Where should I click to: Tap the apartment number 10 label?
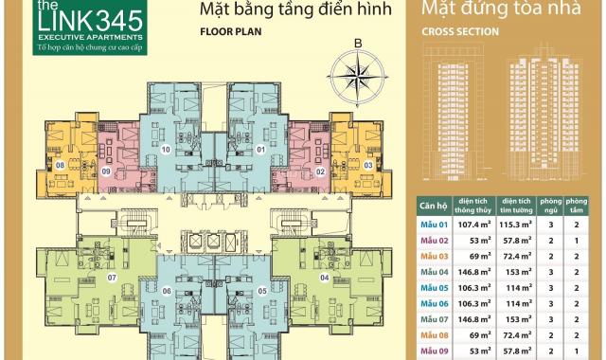[x=166, y=149]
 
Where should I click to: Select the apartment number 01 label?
[x=260, y=149]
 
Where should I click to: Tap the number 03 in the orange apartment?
[x=367, y=167]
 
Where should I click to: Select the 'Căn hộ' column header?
[x=432, y=206]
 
